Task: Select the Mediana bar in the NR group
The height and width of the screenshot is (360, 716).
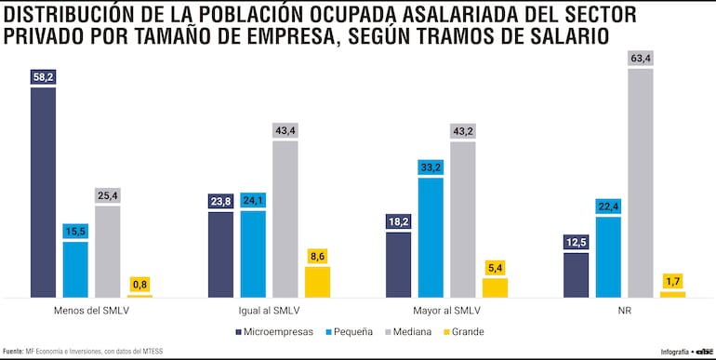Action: (x=640, y=182)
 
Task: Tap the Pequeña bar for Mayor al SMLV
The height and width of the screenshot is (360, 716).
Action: (x=431, y=237)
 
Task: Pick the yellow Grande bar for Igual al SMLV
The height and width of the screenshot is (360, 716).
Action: (x=317, y=282)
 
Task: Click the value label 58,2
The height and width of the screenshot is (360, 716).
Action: (x=43, y=76)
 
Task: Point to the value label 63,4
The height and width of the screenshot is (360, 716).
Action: (x=640, y=59)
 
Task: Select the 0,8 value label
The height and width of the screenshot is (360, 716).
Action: (x=139, y=284)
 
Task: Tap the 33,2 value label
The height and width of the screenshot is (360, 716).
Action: (x=431, y=167)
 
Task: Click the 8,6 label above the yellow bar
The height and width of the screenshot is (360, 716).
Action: (x=317, y=256)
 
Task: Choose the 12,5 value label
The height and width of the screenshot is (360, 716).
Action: (x=576, y=242)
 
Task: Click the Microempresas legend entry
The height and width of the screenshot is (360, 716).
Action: (x=280, y=331)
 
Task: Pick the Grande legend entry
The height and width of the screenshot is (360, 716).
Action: (x=468, y=331)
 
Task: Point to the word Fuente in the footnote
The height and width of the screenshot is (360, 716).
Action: (x=12, y=351)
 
